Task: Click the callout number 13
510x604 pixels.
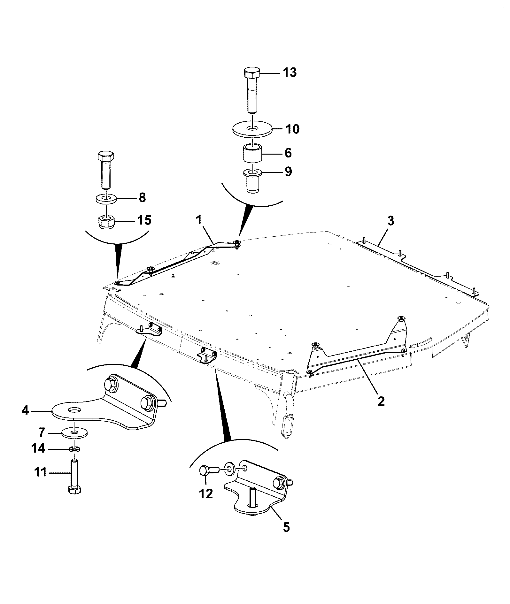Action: pyautogui.click(x=289, y=73)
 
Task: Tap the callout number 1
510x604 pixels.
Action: pyautogui.click(x=199, y=221)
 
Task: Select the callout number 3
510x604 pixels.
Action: pyautogui.click(x=390, y=221)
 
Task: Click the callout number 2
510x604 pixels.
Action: pyautogui.click(x=381, y=401)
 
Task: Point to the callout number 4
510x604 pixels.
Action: pyautogui.click(x=25, y=410)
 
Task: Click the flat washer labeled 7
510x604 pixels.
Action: pyautogui.click(x=74, y=433)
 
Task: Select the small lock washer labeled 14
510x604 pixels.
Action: pyautogui.click(x=75, y=449)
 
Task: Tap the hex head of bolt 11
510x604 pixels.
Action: pyautogui.click(x=75, y=498)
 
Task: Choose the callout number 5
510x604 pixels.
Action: pyautogui.click(x=286, y=527)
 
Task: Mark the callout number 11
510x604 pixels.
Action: pyautogui.click(x=41, y=472)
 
